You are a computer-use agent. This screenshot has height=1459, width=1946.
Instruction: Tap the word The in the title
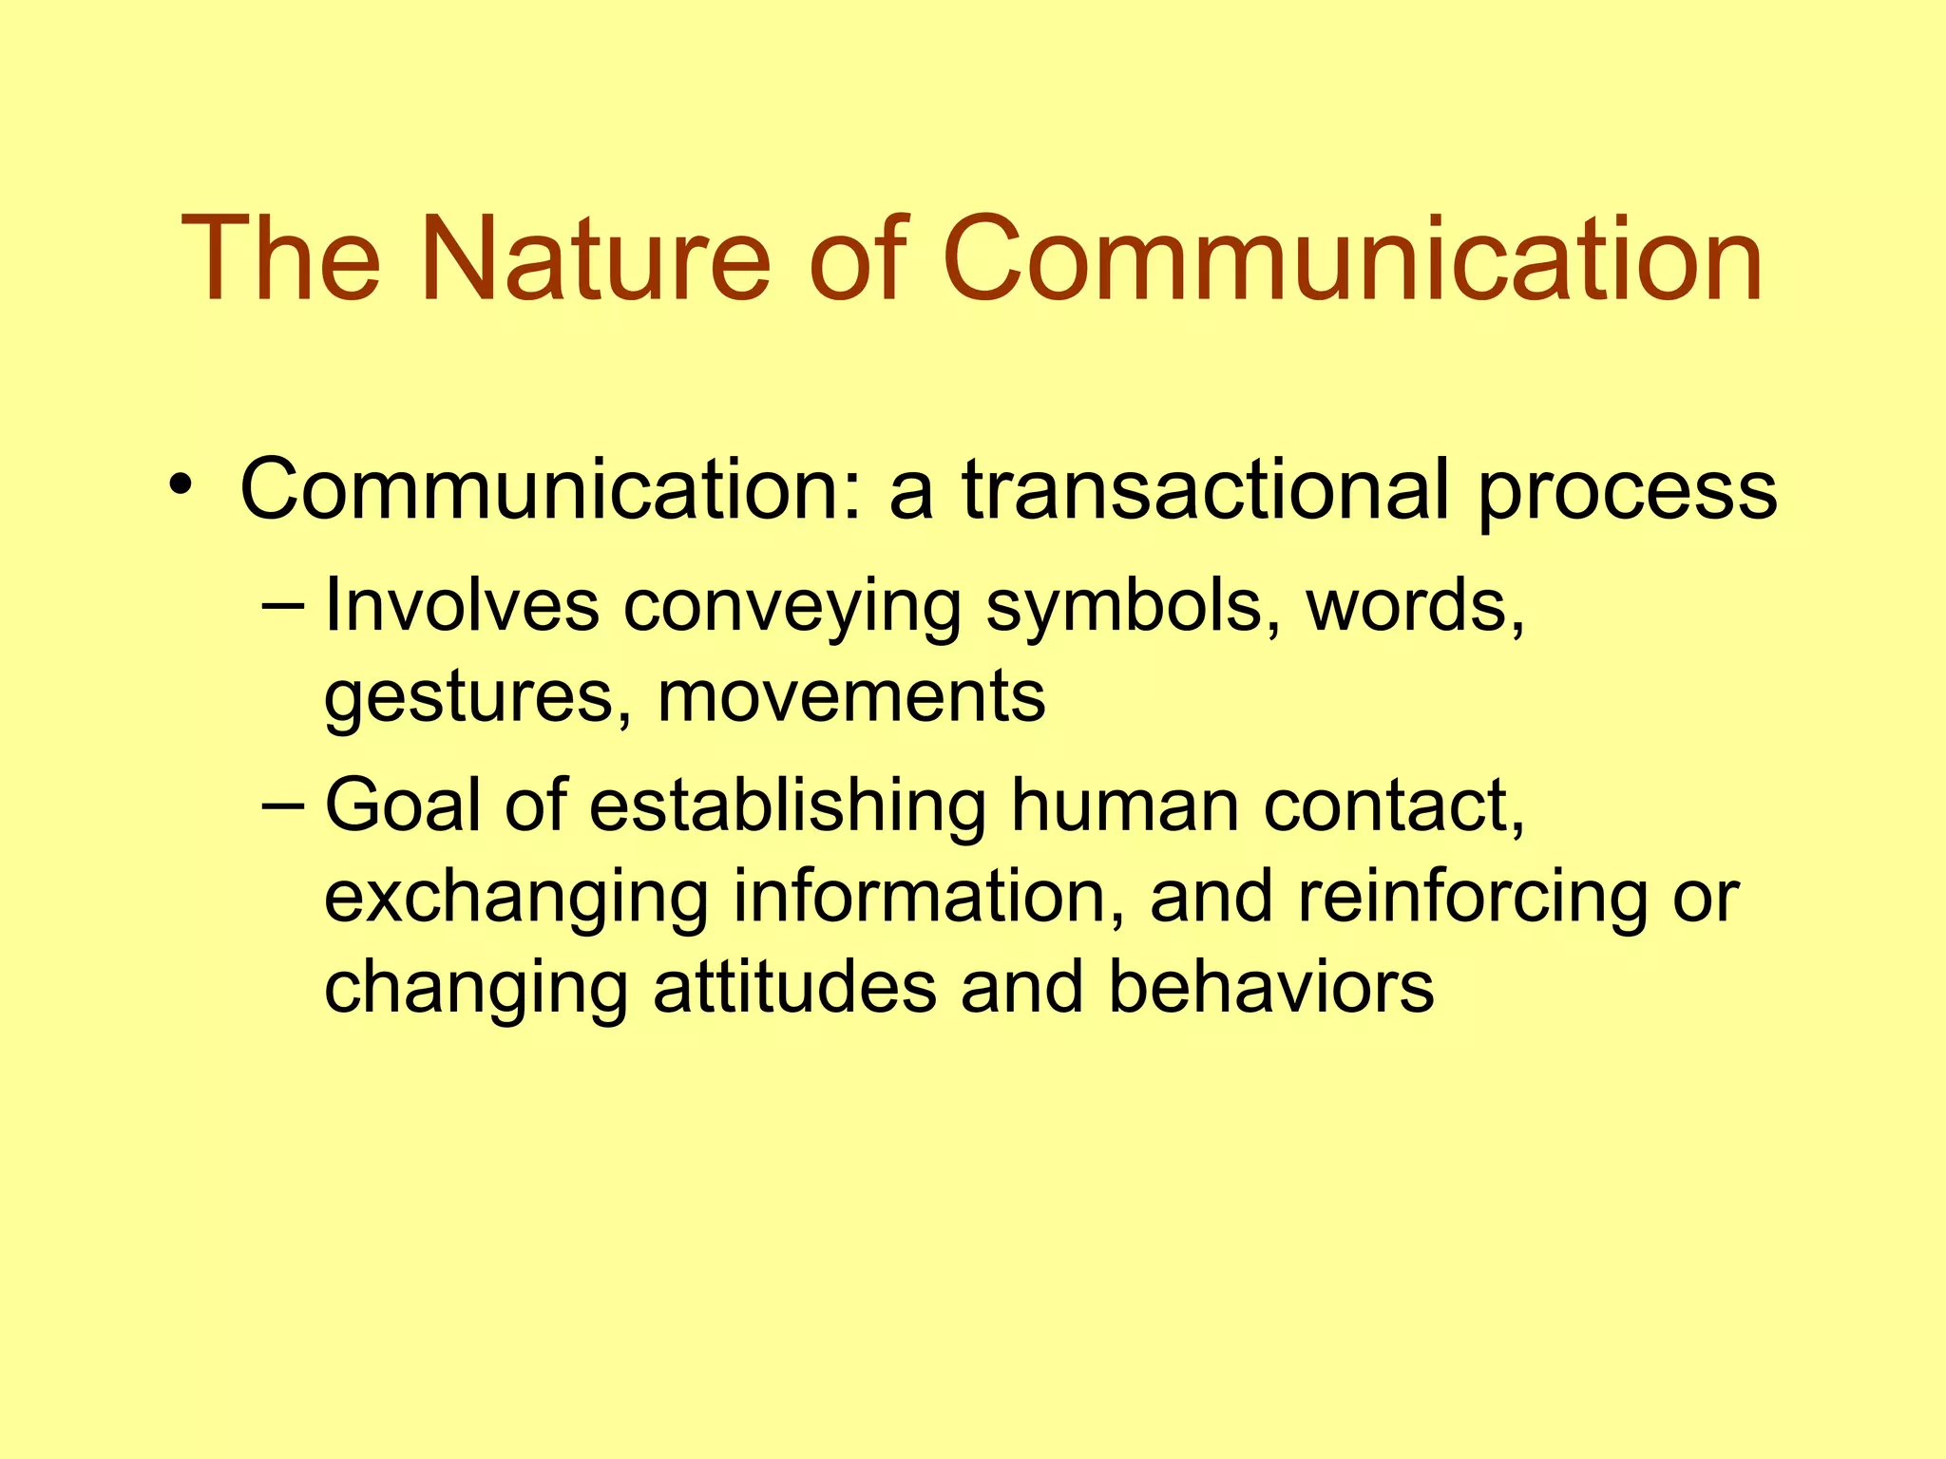[281, 259]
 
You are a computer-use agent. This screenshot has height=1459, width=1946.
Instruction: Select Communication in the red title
[1352, 259]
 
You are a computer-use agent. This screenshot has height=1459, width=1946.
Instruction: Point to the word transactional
[1206, 490]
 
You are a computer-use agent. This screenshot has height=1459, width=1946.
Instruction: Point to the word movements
[851, 697]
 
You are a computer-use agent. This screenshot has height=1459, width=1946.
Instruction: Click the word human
[1124, 806]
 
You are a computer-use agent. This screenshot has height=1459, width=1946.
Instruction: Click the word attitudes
[794, 988]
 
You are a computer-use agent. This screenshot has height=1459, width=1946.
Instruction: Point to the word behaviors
[1270, 988]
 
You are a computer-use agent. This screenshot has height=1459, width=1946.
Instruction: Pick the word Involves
[462, 605]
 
